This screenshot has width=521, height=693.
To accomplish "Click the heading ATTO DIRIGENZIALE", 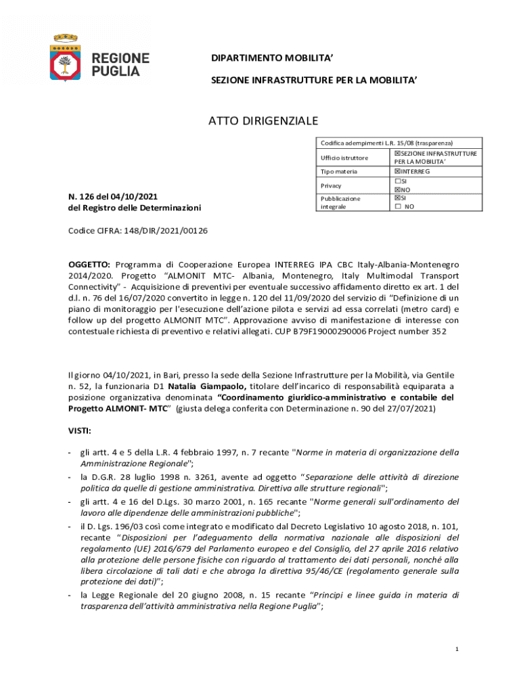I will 262,121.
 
